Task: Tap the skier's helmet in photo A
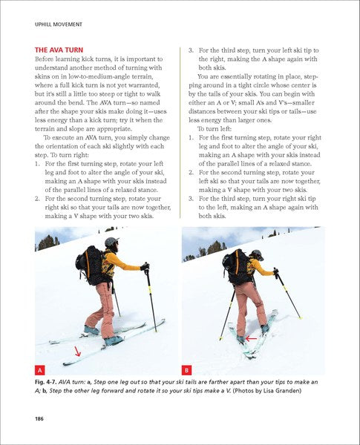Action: point(111,243)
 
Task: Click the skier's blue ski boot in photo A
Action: point(114,340)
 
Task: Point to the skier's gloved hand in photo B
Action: point(275,272)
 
